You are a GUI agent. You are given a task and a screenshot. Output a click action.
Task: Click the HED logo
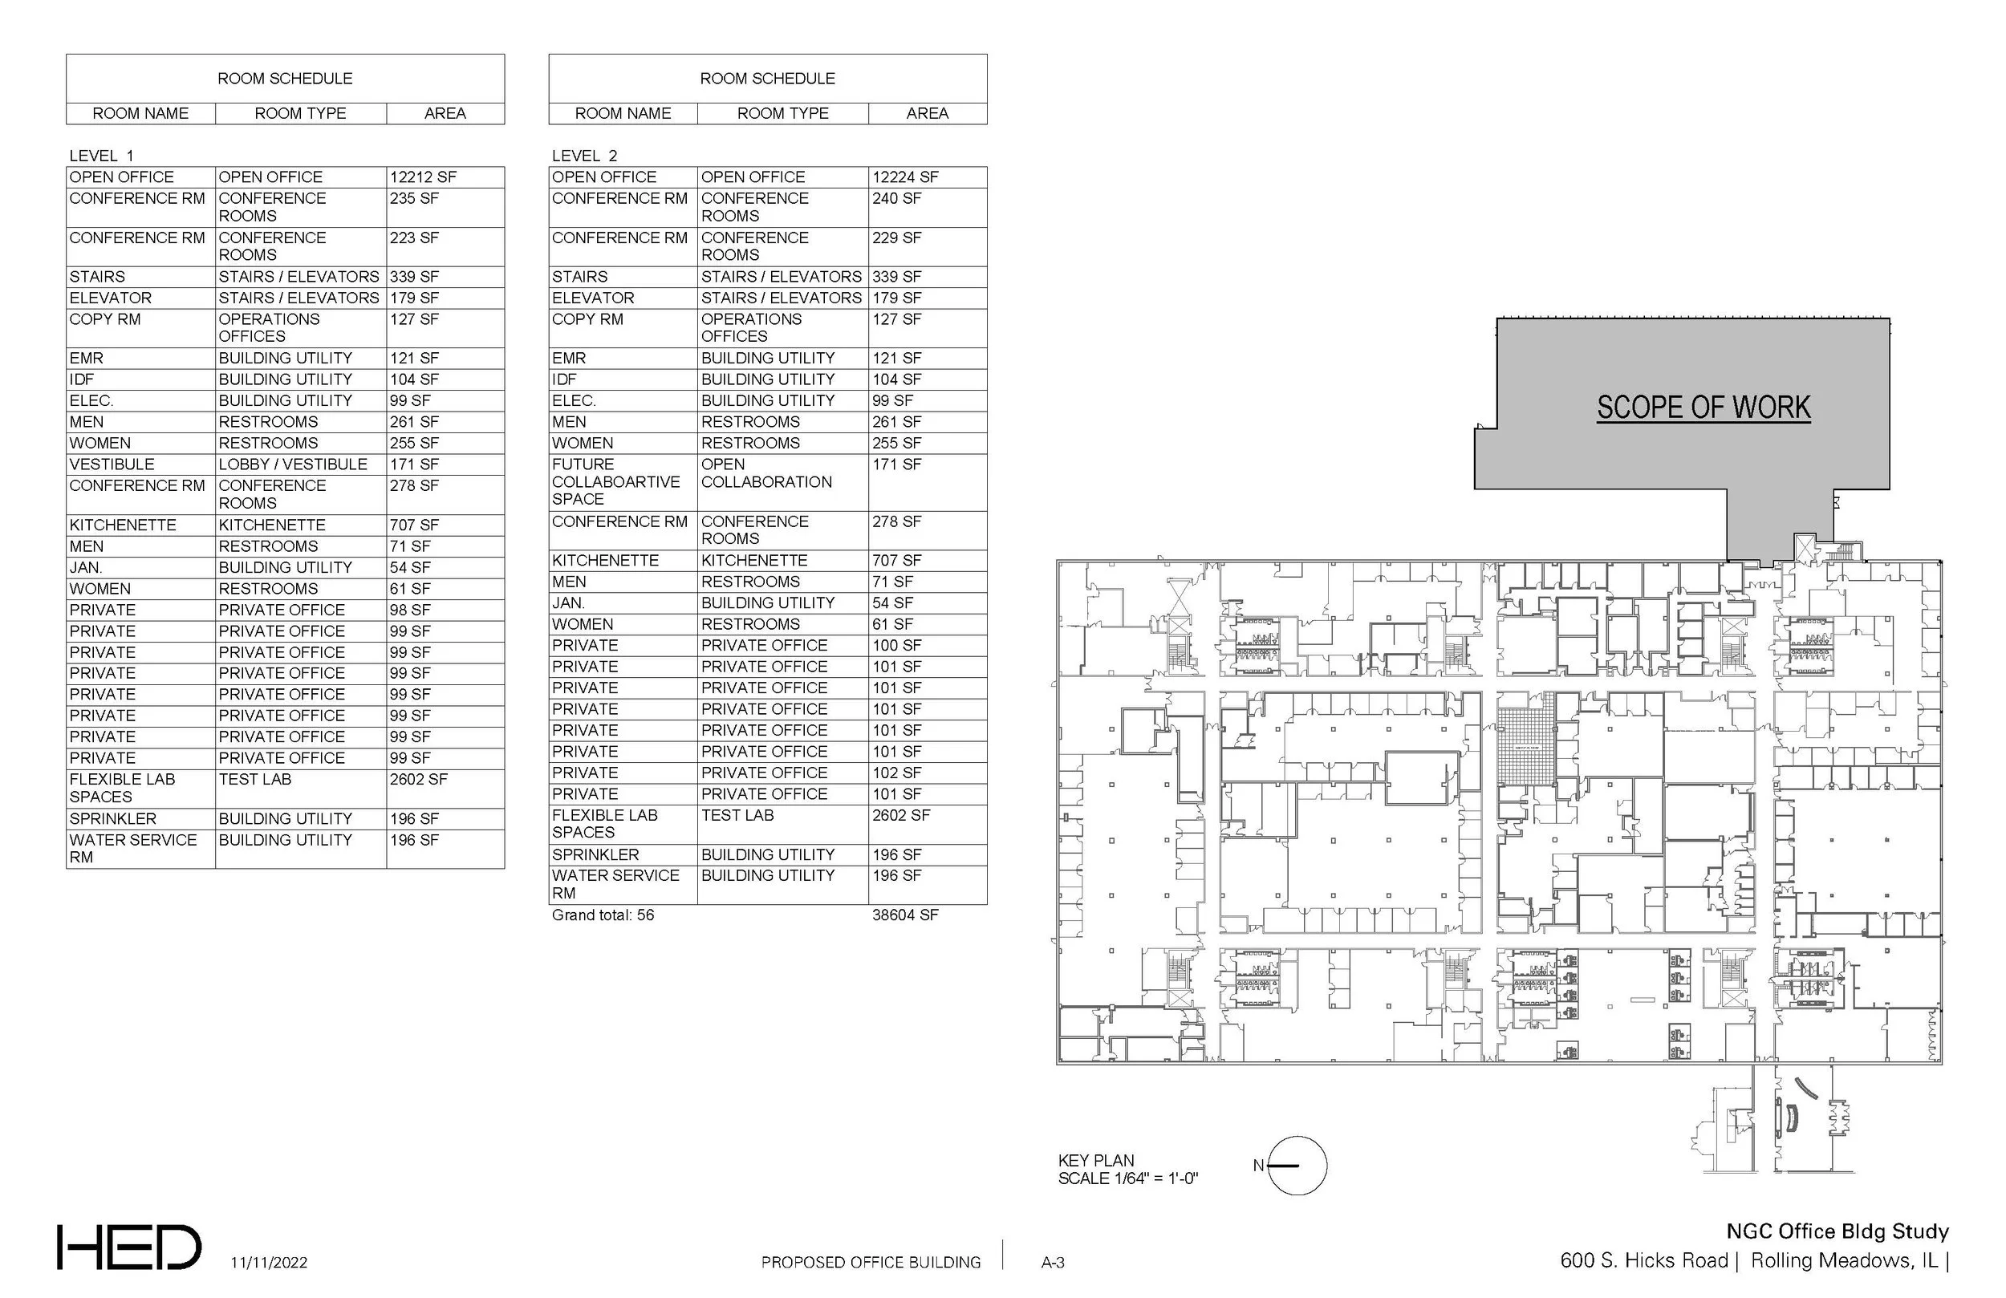coord(129,1247)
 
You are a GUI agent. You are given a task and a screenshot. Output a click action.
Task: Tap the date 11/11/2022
coord(269,1263)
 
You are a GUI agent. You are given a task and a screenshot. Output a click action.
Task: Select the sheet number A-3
coord(1053,1263)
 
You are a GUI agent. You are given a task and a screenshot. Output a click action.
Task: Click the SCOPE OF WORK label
coord(1703,408)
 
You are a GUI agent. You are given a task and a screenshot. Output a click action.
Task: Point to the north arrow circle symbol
coord(1297,1166)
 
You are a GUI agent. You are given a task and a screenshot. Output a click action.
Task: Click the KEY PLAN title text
coord(1096,1161)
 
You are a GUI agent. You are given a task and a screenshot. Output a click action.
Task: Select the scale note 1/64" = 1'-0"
coord(1127,1178)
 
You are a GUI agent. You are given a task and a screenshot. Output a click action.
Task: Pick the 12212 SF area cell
coord(422,177)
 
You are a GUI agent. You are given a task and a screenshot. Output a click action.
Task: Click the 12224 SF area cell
coord(905,177)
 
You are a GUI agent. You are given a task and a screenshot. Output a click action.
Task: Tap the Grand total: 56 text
coord(603,915)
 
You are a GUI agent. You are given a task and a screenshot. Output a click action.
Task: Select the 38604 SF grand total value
coord(904,915)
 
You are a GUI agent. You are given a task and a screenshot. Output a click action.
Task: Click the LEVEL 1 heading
coord(101,156)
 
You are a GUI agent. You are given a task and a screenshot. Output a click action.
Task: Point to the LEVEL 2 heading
coord(584,156)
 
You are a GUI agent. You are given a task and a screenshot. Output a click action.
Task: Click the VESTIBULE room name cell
coord(112,464)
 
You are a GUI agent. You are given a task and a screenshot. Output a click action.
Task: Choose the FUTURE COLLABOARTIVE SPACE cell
coord(615,482)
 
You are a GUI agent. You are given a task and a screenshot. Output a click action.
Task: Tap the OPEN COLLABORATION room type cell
coord(765,473)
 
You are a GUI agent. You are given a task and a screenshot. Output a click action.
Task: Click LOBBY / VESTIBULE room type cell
coord(292,464)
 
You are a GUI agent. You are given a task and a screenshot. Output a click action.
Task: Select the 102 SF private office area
coord(897,773)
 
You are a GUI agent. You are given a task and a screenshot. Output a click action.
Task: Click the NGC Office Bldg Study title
coord(1837,1231)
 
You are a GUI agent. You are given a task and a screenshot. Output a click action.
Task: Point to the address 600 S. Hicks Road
coord(1643,1261)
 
